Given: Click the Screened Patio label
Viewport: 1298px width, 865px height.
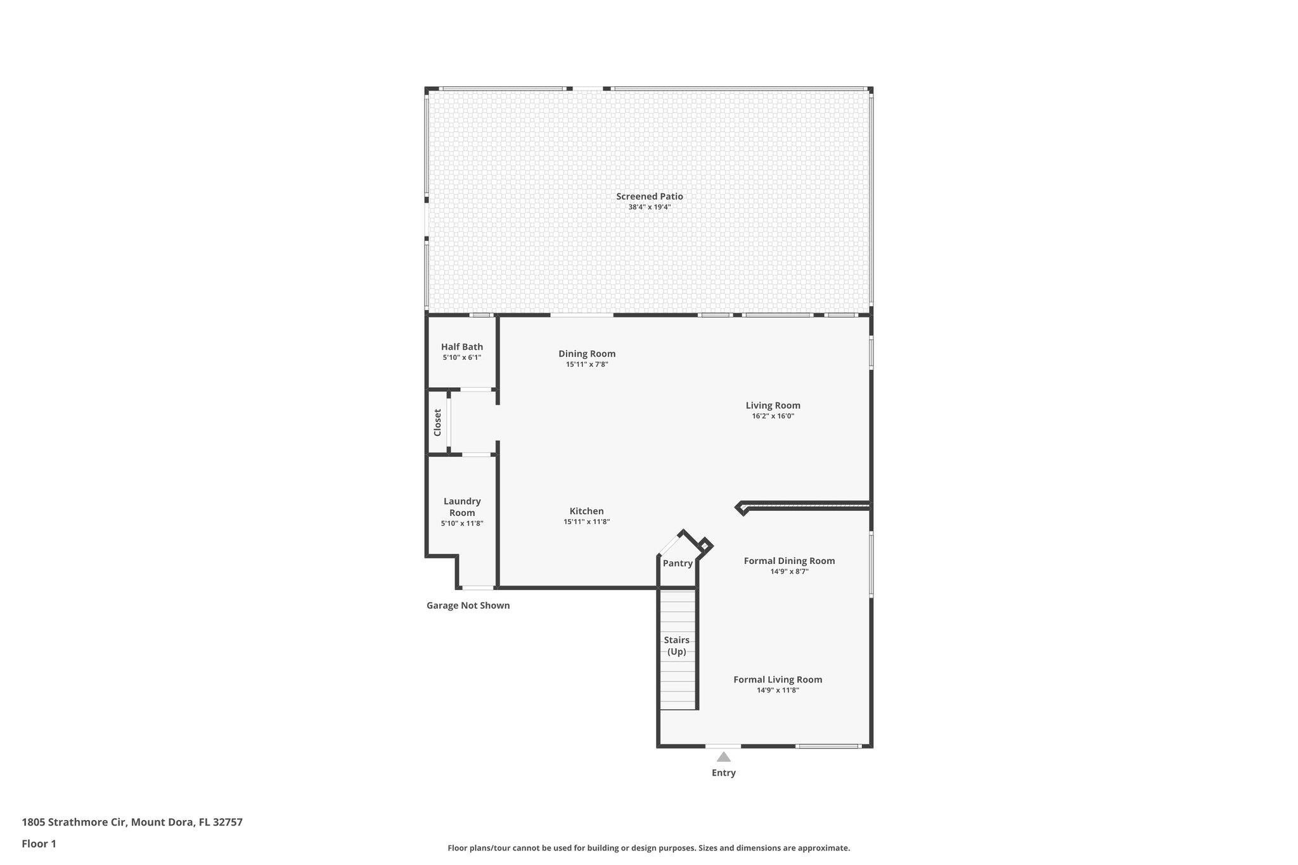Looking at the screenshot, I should click(649, 196).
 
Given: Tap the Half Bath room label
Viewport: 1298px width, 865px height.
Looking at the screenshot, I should click(462, 347).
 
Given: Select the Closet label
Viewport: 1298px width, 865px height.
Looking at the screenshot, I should click(437, 422).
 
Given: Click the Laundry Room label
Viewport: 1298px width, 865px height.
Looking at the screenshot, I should click(462, 507).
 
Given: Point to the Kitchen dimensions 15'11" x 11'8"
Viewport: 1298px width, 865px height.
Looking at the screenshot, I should click(586, 522).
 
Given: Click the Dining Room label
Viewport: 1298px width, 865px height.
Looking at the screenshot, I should click(587, 354).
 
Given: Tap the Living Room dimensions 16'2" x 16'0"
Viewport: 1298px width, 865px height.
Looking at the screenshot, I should click(773, 416).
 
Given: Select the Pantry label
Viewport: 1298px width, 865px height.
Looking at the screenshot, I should click(678, 563).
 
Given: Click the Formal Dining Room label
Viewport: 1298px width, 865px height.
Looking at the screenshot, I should click(789, 561).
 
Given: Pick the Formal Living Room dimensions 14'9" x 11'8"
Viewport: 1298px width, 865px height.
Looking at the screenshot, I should click(778, 690).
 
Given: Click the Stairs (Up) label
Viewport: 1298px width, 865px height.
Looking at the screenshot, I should click(676, 646).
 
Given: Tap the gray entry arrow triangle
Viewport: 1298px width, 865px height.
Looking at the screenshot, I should click(724, 757).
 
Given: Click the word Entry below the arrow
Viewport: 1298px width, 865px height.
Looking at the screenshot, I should click(724, 772).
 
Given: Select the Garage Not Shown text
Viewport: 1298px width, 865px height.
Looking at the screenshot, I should click(468, 605).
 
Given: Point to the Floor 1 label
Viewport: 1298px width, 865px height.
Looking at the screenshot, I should click(39, 843).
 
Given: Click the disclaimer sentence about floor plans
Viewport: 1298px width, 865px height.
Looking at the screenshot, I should click(648, 848).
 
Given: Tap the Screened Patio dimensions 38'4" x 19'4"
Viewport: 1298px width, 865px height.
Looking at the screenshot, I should click(649, 207).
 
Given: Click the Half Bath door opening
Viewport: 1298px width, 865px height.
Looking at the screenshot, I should click(477, 389).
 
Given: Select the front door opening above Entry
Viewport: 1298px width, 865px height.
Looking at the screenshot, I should click(723, 746).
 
